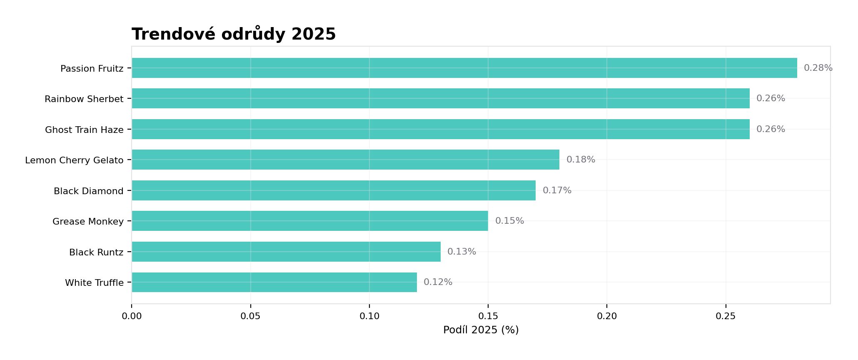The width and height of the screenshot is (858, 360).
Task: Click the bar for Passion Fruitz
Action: pyautogui.click(x=464, y=68)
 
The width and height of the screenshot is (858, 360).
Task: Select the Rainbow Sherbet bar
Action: pyautogui.click(x=441, y=98)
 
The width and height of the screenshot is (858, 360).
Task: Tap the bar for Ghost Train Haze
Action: pyautogui.click(x=441, y=129)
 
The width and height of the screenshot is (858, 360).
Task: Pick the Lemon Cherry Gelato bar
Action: pyautogui.click(x=346, y=160)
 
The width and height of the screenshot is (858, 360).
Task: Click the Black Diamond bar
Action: pyautogui.click(x=334, y=190)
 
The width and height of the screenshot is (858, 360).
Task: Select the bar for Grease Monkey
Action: pyautogui.click(x=310, y=221)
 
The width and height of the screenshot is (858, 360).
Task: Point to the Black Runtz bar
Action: pyautogui.click(x=286, y=252)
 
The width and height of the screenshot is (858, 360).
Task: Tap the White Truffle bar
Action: pyautogui.click(x=274, y=282)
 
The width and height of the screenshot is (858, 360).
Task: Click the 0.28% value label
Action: pyautogui.click(x=818, y=68)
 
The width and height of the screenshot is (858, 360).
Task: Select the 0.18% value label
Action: pyautogui.click(x=581, y=160)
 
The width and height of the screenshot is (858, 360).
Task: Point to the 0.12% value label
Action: pyautogui.click(x=438, y=282)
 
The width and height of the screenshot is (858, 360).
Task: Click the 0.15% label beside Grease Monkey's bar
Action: pyautogui.click(x=509, y=221)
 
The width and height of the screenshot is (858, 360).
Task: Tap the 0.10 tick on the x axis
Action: pyautogui.click(x=369, y=316)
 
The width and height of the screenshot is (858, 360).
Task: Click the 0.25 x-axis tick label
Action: pyautogui.click(x=726, y=316)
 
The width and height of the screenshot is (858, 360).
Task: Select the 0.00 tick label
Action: pyautogui.click(x=132, y=316)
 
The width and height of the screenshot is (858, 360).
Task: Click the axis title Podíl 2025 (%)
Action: pyautogui.click(x=481, y=330)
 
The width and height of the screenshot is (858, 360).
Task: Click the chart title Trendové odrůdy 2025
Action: pyautogui.click(x=234, y=34)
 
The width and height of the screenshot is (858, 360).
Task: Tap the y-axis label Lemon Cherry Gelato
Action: pyautogui.click(x=74, y=160)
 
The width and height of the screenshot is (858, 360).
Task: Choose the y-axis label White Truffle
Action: pyautogui.click(x=94, y=283)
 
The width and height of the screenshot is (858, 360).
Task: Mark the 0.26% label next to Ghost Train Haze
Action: pyautogui.click(x=771, y=129)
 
